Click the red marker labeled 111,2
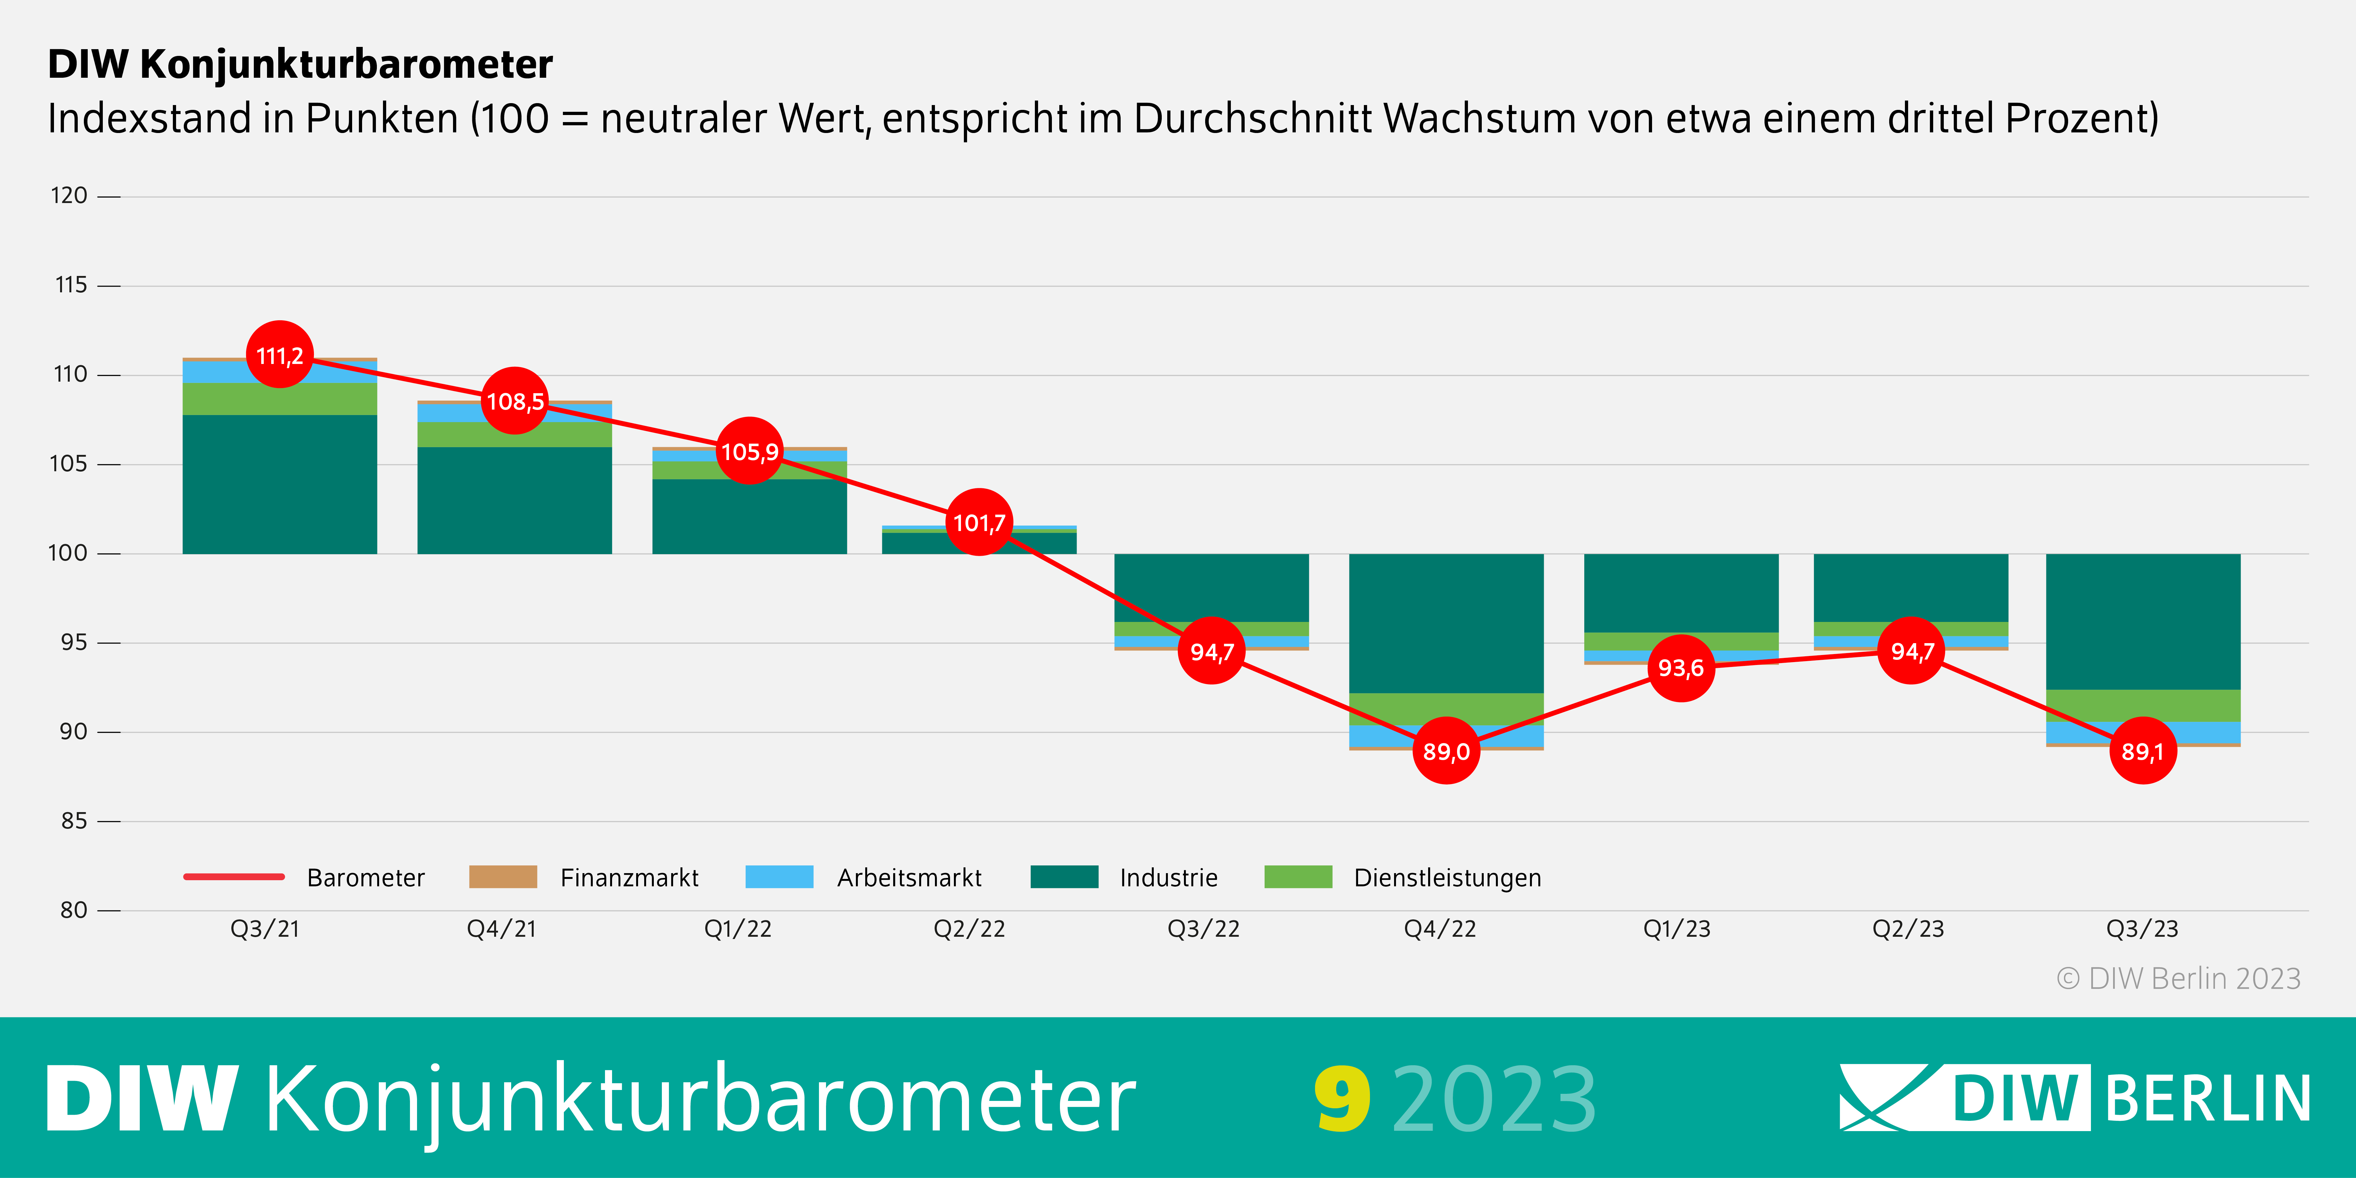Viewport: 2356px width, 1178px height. click(280, 355)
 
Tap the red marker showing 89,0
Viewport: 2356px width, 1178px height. click(1446, 751)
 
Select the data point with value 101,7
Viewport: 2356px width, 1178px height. click(979, 522)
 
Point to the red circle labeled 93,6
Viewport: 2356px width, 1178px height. click(1681, 668)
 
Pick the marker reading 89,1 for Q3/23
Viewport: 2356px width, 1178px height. click(2143, 751)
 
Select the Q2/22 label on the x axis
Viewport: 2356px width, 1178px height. click(969, 929)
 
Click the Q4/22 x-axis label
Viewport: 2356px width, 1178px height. click(1440, 929)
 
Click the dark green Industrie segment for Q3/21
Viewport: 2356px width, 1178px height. click(280, 485)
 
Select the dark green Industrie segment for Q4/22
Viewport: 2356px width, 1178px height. click(1446, 622)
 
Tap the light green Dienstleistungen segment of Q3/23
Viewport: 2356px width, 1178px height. click(2143, 705)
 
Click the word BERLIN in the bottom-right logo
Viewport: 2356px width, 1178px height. click(2208, 1098)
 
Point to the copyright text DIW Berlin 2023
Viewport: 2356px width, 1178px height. click(2179, 979)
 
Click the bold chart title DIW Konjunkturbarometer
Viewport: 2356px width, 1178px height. click(300, 64)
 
